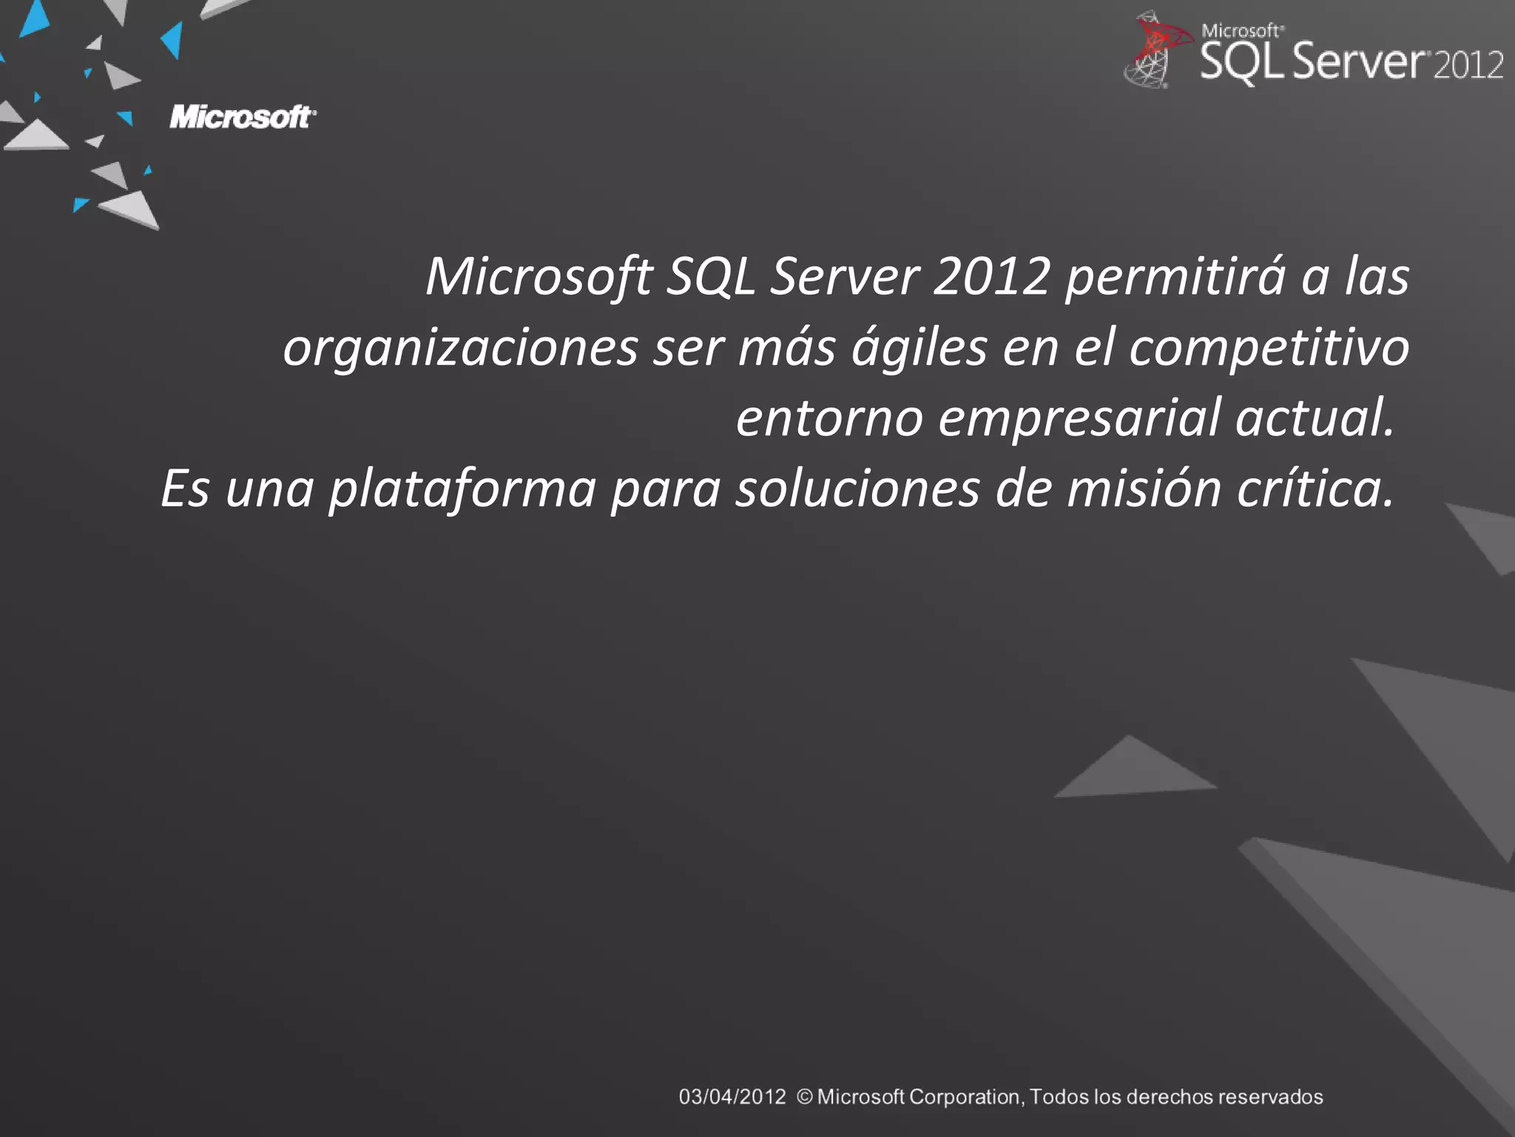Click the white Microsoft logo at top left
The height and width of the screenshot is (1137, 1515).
coord(243,117)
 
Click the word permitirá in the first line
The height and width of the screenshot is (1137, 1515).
coord(1175,277)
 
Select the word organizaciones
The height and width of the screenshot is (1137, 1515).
coord(459,348)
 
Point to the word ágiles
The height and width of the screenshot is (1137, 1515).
coord(919,348)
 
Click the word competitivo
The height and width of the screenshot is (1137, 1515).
coord(1269,348)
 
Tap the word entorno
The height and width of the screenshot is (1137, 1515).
coord(829,417)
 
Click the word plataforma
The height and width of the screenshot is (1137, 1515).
coord(462,489)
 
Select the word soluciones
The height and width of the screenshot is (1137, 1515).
coord(857,489)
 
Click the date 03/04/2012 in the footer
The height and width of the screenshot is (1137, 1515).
coord(732,1097)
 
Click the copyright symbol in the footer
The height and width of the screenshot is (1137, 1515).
coord(805,1097)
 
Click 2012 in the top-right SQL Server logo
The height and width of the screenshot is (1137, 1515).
coord(1468,65)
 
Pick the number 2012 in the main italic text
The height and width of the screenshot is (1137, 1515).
coord(991,277)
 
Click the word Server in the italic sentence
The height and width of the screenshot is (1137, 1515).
coord(844,277)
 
